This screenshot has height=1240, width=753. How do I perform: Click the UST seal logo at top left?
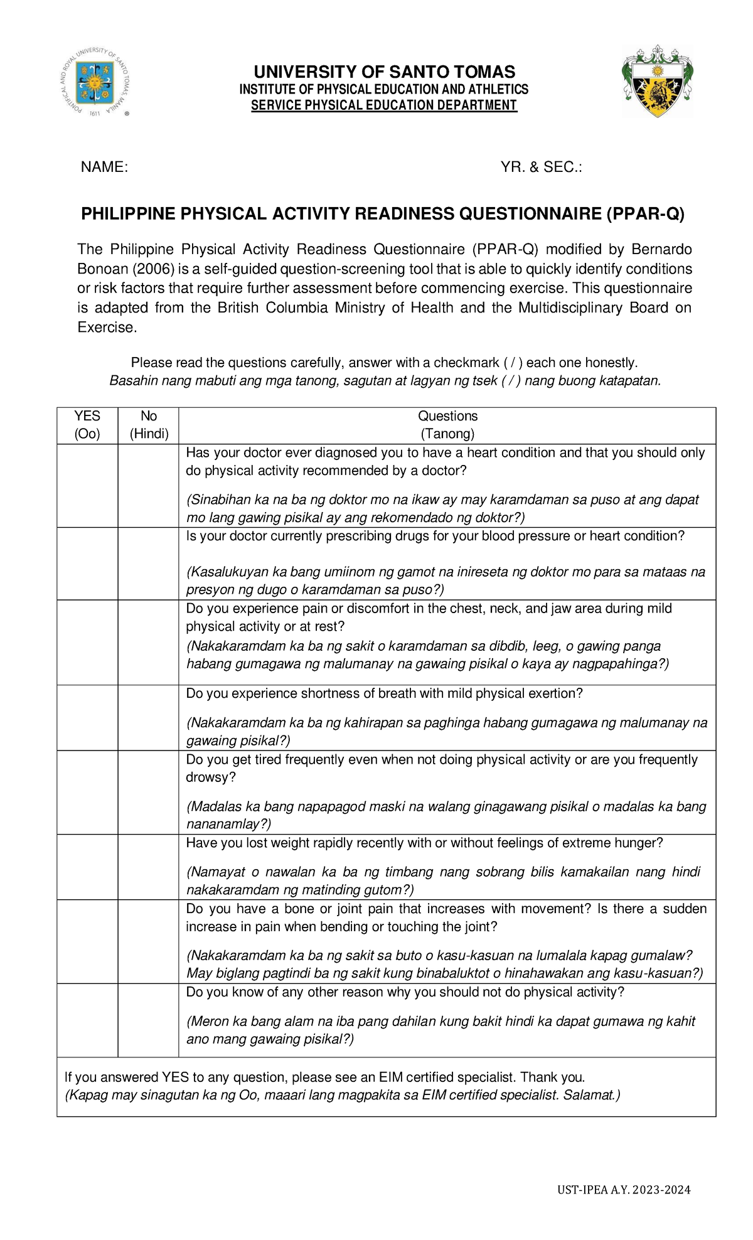pyautogui.click(x=97, y=82)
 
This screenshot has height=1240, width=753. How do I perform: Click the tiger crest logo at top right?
pyautogui.click(x=657, y=81)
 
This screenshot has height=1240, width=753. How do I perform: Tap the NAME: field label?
pyautogui.click(x=104, y=167)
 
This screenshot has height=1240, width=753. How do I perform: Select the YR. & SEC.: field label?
pyautogui.click(x=541, y=167)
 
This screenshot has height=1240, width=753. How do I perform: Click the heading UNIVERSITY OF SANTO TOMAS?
pyautogui.click(x=383, y=72)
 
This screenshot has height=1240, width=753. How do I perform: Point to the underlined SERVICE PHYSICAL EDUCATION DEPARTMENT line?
pyautogui.click(x=383, y=105)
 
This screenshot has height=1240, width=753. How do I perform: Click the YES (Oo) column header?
pyautogui.click(x=87, y=425)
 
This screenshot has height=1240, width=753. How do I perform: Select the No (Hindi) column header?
pyautogui.click(x=149, y=425)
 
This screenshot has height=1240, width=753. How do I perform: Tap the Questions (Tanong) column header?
pyautogui.click(x=447, y=425)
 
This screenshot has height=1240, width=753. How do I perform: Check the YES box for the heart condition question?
pyautogui.click(x=87, y=485)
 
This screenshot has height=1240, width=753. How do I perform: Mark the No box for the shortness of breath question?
pyautogui.click(x=149, y=717)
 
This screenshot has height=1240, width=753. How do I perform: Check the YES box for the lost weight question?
pyautogui.click(x=87, y=867)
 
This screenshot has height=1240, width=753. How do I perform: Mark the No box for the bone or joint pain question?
pyautogui.click(x=149, y=941)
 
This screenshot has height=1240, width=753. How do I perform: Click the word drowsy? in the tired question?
pyautogui.click(x=211, y=778)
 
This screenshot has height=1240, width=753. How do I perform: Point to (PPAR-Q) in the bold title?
pyautogui.click(x=645, y=214)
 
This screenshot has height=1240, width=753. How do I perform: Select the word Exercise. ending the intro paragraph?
pyautogui.click(x=107, y=328)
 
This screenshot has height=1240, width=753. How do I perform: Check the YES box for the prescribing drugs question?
pyautogui.click(x=87, y=564)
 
